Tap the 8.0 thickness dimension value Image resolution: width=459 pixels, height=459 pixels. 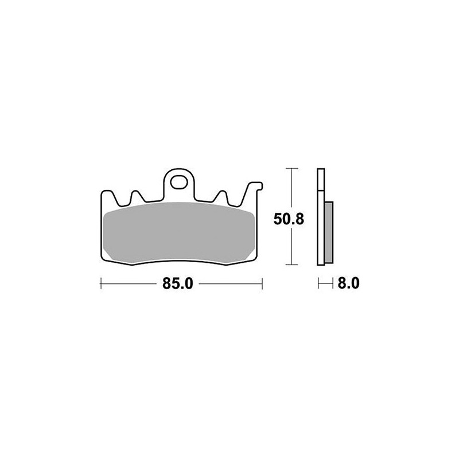point(348,283)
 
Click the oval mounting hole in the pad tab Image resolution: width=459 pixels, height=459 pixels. point(179,184)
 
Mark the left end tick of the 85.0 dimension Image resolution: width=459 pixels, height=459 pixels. point(101,283)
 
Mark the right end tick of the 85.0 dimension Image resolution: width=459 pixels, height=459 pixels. point(262,283)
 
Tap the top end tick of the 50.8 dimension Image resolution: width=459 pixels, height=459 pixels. point(292,168)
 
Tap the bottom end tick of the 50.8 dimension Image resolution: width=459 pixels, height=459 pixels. point(292,265)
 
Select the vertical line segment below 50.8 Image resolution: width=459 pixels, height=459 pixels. point(292,247)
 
